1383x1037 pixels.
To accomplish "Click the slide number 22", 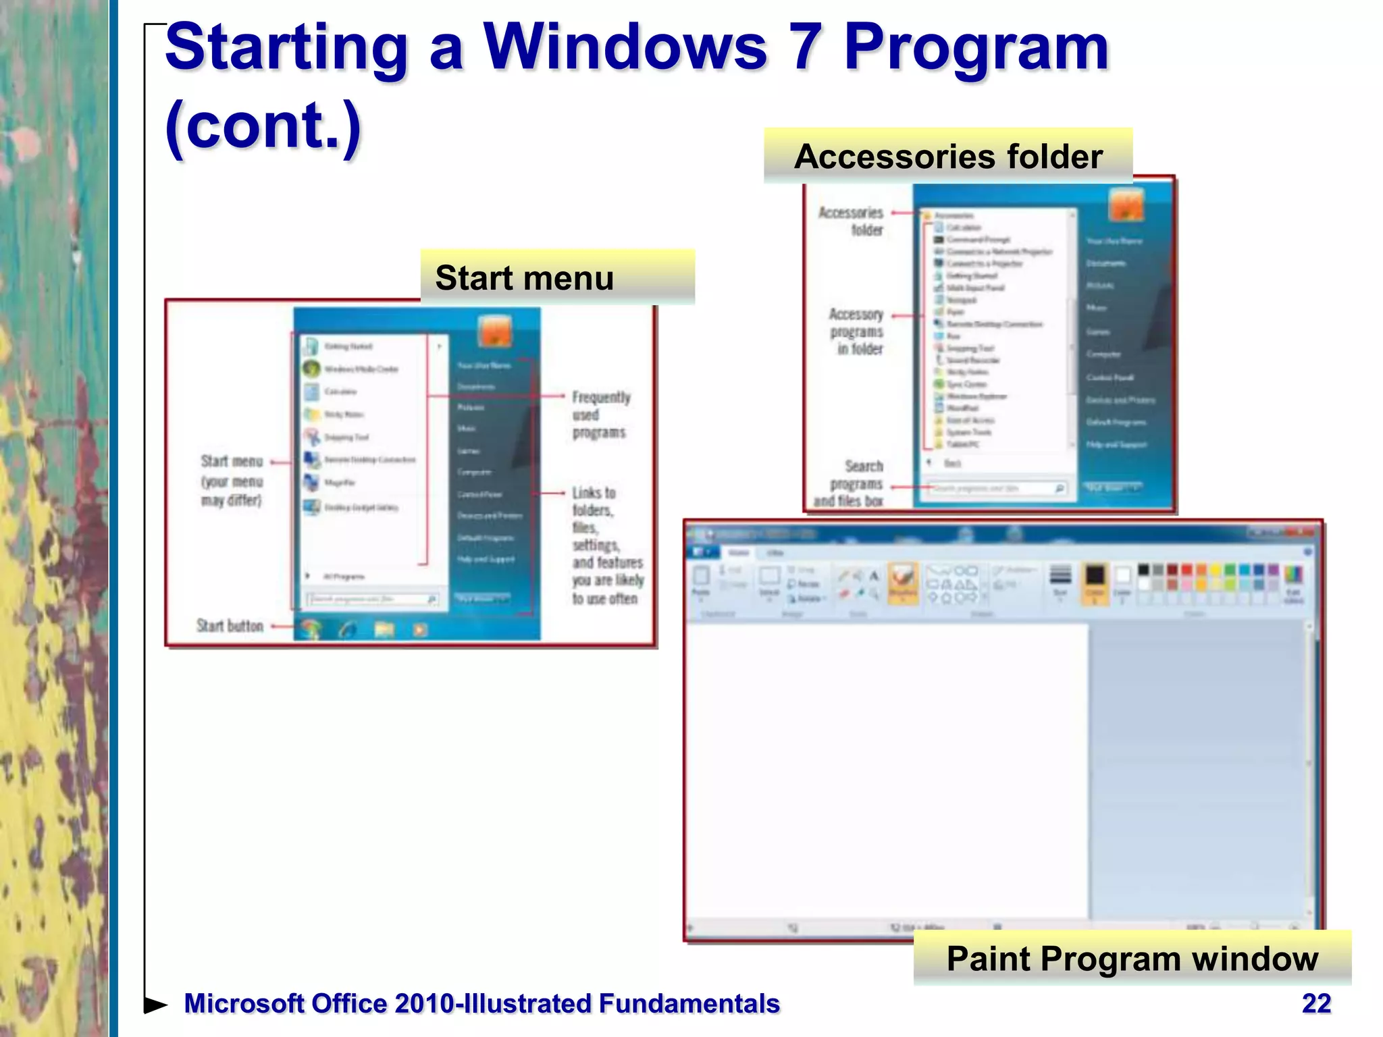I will pos(1316,1003).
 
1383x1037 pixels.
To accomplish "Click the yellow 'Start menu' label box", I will pos(557,277).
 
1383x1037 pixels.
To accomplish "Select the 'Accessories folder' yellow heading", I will pos(947,157).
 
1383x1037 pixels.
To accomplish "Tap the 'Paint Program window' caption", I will pos(1132,958).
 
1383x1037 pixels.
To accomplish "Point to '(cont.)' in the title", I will pos(263,126).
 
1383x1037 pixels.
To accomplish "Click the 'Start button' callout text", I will pos(230,626).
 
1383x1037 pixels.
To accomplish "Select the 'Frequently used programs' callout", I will pos(600,415).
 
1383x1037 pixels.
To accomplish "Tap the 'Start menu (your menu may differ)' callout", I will pos(231,481).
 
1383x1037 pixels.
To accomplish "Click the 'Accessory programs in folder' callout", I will pos(857,331).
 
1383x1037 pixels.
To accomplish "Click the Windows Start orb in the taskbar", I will pos(310,629).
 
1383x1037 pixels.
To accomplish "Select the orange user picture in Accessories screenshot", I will pos(1126,205).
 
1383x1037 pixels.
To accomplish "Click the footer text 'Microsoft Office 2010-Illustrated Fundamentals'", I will pos(481,1003).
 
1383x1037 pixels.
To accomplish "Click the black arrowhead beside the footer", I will pos(156,1005).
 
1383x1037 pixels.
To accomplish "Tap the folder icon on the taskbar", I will pos(384,629).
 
